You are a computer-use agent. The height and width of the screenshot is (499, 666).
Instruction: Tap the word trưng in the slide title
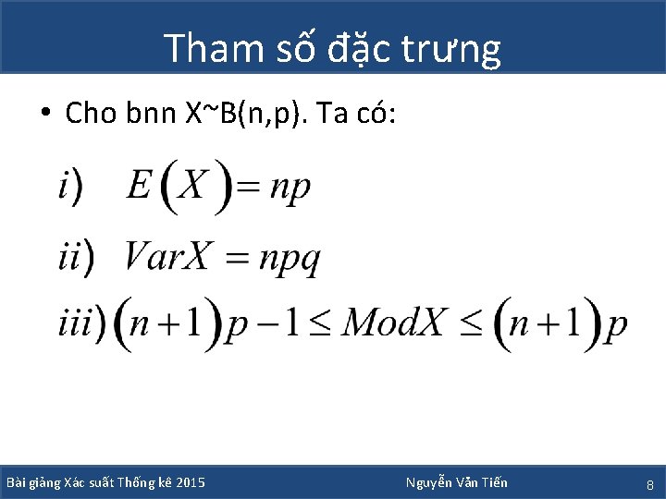[x=455, y=49]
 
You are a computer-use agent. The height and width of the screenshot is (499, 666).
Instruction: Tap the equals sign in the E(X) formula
[x=247, y=188]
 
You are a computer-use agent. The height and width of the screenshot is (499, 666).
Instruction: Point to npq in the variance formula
[x=289, y=259]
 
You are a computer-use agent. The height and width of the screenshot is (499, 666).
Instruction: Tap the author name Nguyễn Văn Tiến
[x=456, y=482]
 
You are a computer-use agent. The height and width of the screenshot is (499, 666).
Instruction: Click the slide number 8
[x=649, y=484]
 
